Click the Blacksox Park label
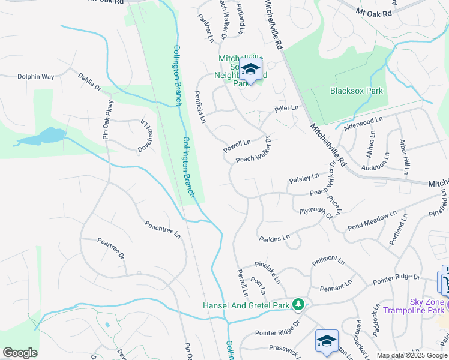tap(356, 91)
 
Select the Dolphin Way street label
tap(36, 77)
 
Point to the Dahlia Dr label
tap(90, 82)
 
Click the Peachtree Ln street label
tap(162, 229)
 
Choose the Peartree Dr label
tap(111, 248)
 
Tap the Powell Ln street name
tap(237, 146)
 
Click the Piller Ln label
tap(286, 109)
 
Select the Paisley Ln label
tap(304, 179)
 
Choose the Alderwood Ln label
tap(363, 125)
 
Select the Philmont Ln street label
tap(328, 263)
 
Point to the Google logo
tap(20, 353)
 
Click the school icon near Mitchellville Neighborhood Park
tap(250, 69)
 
